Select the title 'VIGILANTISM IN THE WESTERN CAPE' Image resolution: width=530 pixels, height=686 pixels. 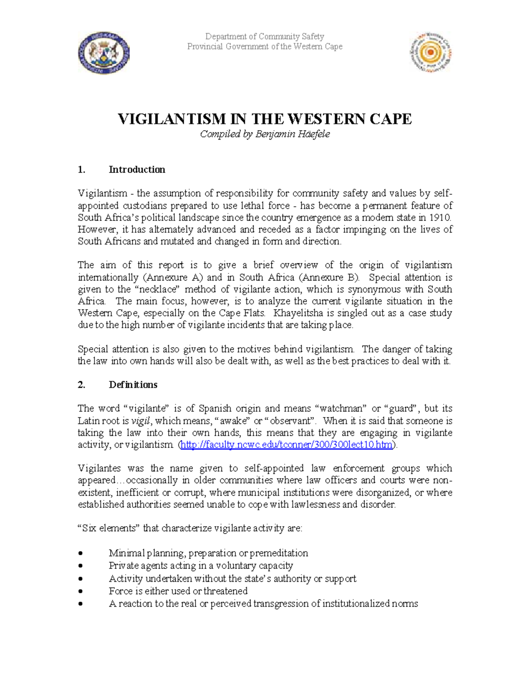pos(265,119)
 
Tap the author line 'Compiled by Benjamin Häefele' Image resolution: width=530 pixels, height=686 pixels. pos(265,134)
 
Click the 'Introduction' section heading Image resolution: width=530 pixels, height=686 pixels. pos(137,170)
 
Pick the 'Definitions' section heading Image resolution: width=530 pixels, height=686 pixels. pos(133,385)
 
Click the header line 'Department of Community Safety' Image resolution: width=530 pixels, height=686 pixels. pos(265,37)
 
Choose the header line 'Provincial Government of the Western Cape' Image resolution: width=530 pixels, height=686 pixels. pos(265,46)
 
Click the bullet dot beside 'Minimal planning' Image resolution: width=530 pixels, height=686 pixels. pos(80,553)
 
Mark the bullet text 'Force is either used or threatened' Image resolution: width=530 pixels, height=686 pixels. pos(178,591)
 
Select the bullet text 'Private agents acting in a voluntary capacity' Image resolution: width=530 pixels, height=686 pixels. pos(201,565)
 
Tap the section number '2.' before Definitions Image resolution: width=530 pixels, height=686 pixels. pos(81,385)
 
